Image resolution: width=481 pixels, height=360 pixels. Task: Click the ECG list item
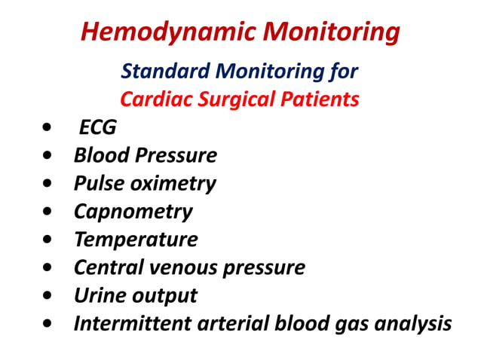point(98,127)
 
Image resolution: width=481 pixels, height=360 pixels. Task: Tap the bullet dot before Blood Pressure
point(49,157)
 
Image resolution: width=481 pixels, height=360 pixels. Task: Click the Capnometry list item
point(133,212)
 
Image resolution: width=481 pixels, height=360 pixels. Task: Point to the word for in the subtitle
point(342,72)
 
